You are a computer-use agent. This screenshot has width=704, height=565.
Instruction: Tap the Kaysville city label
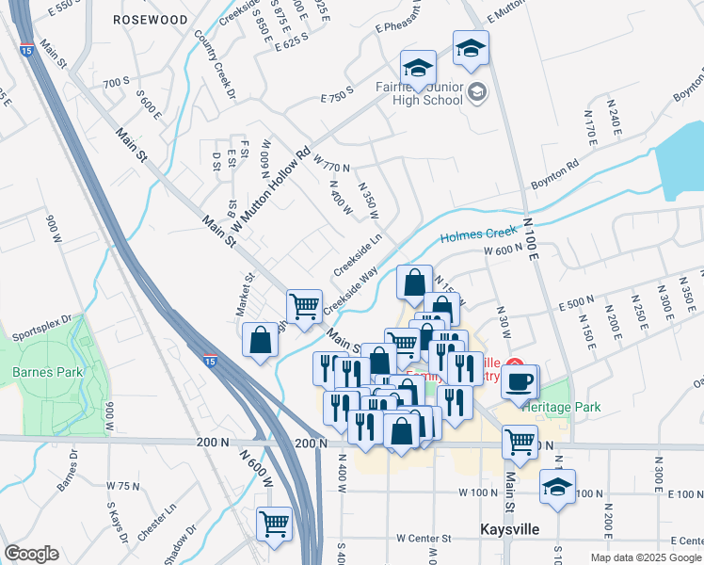point(509,529)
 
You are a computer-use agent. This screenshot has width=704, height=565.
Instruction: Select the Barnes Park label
point(48,372)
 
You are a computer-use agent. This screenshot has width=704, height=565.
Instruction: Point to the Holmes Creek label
point(479,234)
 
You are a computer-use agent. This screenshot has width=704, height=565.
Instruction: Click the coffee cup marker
point(517,380)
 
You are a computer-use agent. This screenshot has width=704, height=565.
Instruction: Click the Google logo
point(30,554)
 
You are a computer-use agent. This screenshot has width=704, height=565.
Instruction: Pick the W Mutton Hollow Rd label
point(270,189)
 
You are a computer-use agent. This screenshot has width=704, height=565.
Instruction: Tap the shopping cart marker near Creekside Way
point(303,305)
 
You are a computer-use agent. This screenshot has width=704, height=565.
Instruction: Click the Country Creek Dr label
point(215,63)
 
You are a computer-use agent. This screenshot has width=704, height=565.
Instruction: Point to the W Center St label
point(424,538)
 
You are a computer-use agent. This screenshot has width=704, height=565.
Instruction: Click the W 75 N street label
point(122,486)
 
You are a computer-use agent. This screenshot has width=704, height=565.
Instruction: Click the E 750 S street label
point(336,94)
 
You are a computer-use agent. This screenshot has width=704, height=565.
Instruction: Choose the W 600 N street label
point(503,250)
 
